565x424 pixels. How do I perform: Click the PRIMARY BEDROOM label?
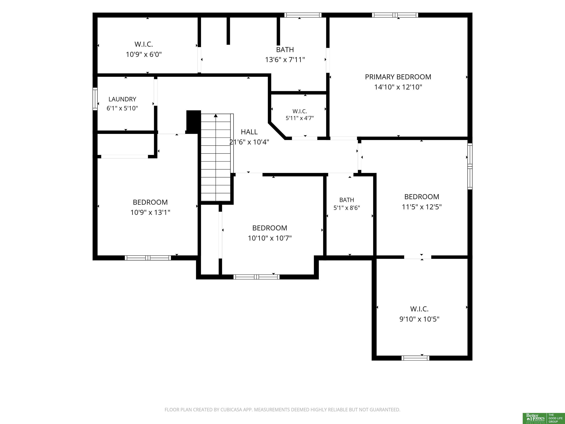(x=398, y=77)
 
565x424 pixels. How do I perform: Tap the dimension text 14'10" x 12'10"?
(x=398, y=87)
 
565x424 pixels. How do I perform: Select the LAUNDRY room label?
(x=122, y=99)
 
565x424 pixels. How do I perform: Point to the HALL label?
(x=249, y=132)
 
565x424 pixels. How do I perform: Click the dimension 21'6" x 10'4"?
(x=249, y=142)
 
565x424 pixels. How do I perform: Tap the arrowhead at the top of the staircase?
(x=216, y=116)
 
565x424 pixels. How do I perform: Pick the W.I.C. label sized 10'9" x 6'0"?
(x=144, y=44)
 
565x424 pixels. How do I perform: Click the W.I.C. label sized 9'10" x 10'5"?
(x=419, y=309)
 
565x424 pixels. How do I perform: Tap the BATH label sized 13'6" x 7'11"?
(x=285, y=50)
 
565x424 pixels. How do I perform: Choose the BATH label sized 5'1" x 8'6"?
(x=347, y=200)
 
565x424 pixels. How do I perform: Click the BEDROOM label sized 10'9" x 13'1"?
(x=150, y=202)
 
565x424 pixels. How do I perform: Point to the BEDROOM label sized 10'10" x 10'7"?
(x=270, y=228)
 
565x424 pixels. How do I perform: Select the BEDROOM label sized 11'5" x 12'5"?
(x=422, y=197)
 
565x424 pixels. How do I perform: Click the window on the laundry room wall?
(x=95, y=99)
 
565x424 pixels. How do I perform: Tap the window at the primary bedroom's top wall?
(x=395, y=15)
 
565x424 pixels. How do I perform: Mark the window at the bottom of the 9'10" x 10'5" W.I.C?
(x=415, y=358)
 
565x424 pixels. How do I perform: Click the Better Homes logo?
(x=535, y=418)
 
